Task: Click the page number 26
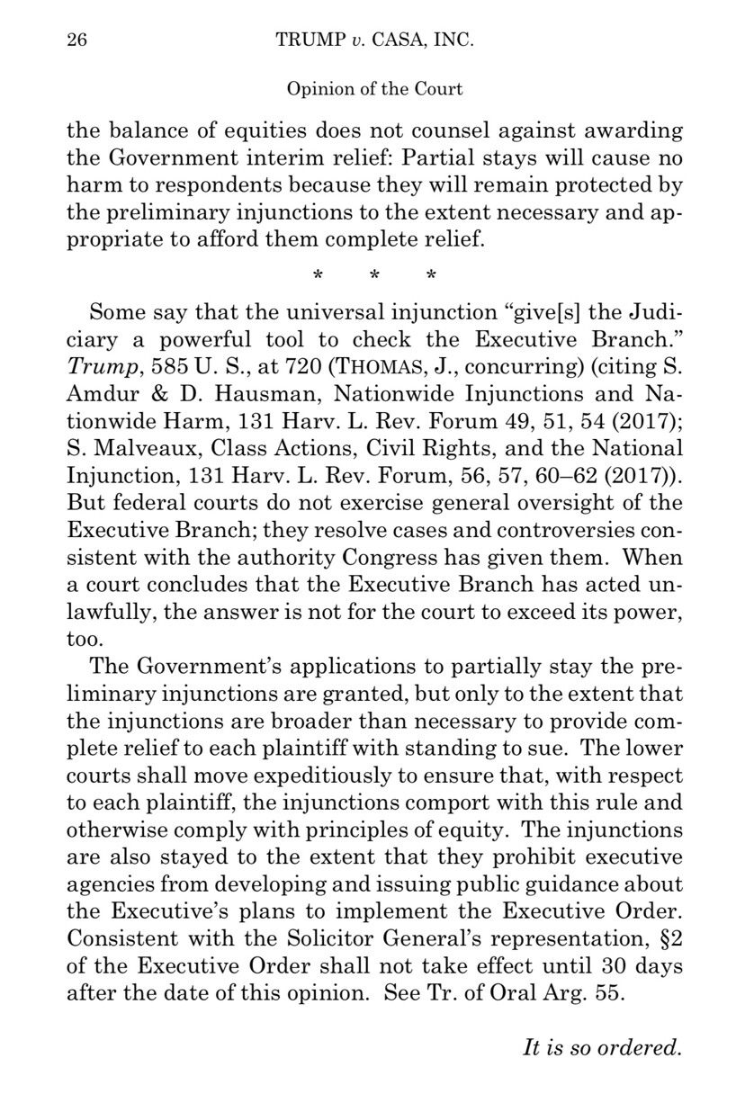[x=78, y=41]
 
